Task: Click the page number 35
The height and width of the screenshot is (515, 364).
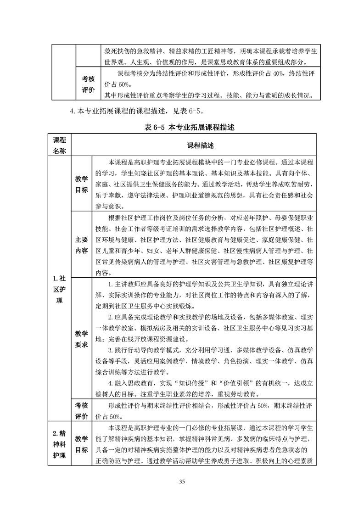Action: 182,481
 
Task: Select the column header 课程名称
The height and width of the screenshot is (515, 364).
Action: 59,145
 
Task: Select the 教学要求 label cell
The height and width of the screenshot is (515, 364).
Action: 82,338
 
